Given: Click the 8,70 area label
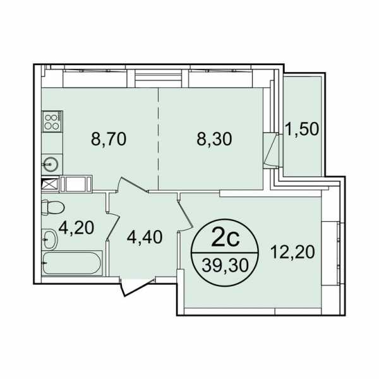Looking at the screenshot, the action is click(109, 139).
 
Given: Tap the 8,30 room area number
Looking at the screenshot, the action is click(214, 139).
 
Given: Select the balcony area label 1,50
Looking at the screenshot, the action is click(302, 129).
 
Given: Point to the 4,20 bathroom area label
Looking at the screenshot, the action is click(76, 227).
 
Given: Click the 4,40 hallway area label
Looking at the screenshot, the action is click(144, 237).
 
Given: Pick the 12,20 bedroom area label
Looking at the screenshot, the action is click(292, 252).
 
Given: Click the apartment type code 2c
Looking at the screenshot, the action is click(225, 239).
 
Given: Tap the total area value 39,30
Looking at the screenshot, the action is click(225, 265).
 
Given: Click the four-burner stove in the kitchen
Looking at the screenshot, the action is click(52, 121).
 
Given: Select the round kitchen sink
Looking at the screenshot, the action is click(51, 164).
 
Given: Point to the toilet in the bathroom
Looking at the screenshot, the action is click(52, 207).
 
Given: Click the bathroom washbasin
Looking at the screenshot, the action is click(50, 239).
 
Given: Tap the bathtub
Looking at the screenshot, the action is click(71, 263).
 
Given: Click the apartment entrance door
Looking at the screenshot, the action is click(136, 287).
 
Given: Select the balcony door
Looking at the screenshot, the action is click(271, 150).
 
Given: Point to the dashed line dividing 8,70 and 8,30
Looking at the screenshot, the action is click(159, 138).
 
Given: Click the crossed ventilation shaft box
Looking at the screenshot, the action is click(50, 184).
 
